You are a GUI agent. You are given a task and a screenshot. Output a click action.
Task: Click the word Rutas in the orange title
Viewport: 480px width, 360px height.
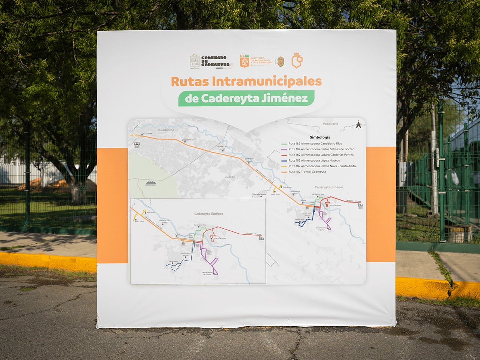[190, 81]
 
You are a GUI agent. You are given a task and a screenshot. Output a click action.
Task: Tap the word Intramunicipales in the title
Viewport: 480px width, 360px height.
[267, 81]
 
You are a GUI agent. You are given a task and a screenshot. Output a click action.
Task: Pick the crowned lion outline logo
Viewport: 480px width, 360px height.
[297, 60]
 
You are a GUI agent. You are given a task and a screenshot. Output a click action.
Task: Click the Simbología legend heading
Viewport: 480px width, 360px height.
[320, 137]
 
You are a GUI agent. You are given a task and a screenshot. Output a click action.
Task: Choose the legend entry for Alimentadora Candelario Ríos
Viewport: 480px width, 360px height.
[315, 144]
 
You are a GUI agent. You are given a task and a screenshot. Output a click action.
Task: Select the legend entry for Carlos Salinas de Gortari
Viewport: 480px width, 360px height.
[321, 149]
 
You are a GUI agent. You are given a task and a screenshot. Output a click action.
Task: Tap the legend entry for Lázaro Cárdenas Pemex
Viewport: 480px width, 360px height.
[321, 155]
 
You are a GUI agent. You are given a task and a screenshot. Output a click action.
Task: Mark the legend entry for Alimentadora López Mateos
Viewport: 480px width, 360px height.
[314, 160]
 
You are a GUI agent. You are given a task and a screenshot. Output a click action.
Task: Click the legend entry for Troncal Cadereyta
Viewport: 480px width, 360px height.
[307, 172]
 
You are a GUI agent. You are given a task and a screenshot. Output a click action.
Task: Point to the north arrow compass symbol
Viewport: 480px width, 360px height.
[358, 124]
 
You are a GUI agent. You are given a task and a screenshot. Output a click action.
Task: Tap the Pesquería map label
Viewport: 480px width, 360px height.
[330, 124]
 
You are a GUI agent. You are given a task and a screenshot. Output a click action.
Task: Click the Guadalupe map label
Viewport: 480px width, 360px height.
[166, 130]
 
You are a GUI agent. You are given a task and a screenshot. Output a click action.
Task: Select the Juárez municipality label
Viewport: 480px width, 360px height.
[230, 177]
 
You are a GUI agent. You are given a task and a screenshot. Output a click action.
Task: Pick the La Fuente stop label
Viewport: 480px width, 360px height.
[147, 133]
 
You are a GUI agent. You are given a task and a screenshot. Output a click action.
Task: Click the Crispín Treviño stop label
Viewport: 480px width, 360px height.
[188, 140]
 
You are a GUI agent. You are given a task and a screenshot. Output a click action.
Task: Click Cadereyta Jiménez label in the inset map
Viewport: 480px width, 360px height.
[208, 214]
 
